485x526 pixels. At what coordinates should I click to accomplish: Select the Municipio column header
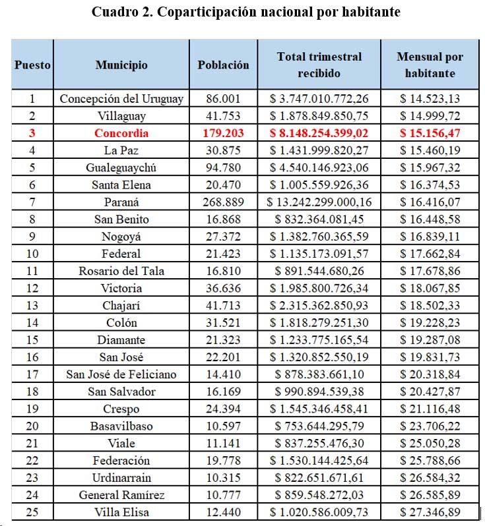tap(121, 65)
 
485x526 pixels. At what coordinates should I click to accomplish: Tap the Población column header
tap(224, 65)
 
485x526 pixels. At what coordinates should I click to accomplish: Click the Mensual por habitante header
tap(430, 65)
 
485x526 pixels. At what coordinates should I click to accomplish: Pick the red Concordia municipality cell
tap(121, 133)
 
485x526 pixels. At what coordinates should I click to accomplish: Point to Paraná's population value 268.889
tap(224, 202)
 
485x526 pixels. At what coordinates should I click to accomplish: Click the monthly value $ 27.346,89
tap(430, 512)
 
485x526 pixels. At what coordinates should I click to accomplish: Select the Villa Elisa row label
tap(121, 512)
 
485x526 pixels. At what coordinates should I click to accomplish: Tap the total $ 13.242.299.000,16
tap(320, 202)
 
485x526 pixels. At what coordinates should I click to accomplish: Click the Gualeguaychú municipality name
tap(121, 167)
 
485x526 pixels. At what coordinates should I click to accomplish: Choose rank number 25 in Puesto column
tap(32, 512)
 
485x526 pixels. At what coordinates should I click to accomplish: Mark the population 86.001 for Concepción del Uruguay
tap(224, 99)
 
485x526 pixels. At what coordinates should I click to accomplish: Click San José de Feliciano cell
tap(121, 374)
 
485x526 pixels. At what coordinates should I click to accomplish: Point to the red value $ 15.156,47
tap(430, 133)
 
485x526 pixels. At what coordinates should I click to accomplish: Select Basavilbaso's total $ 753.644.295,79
tap(320, 426)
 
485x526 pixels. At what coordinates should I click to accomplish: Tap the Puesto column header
tap(32, 65)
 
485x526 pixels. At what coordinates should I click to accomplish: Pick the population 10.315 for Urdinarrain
tap(224, 478)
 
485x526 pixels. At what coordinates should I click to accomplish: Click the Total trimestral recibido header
tap(320, 65)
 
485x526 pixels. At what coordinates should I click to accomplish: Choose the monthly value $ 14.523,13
tap(430, 99)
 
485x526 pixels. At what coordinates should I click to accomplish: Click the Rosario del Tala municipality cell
tap(121, 271)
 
